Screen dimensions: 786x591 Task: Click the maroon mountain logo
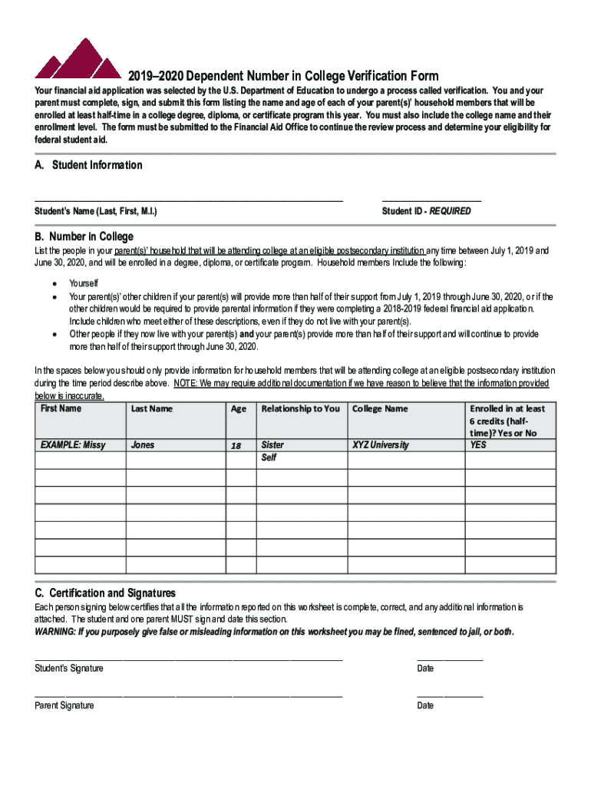(x=77, y=60)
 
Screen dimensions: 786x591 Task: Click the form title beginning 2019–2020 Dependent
(x=283, y=76)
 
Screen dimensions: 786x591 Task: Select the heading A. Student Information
(x=88, y=165)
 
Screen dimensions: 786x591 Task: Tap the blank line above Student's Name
(x=188, y=199)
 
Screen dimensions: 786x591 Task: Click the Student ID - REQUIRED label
(x=426, y=211)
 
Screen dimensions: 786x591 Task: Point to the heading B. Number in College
(x=84, y=236)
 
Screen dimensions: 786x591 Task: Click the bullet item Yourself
(x=84, y=284)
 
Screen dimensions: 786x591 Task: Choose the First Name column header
(x=61, y=408)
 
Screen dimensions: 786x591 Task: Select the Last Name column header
(x=151, y=408)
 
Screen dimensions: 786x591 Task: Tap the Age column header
(x=239, y=409)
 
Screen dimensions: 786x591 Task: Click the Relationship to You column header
(x=300, y=408)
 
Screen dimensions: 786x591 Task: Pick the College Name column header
(x=380, y=408)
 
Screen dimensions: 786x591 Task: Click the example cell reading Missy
(x=73, y=445)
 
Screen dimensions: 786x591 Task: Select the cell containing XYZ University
(x=381, y=445)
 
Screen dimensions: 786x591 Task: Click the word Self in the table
(x=269, y=458)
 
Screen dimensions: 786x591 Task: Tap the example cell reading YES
(x=478, y=445)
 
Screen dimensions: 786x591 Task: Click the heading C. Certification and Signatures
(x=105, y=593)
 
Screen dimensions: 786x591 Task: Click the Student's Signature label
(x=69, y=669)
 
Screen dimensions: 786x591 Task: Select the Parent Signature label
(x=64, y=705)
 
